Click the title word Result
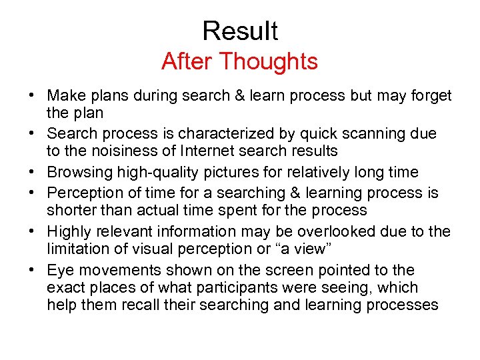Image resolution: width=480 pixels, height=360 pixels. point(240,31)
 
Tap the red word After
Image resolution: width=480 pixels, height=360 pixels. point(187,61)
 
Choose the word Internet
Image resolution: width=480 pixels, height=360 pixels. point(204,151)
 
